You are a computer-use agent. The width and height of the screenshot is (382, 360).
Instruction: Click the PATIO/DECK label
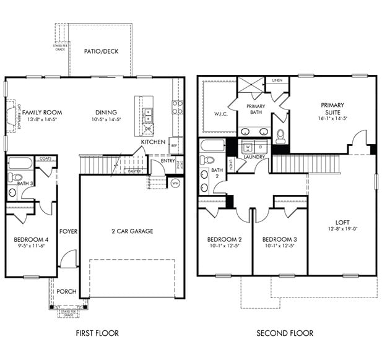pos(101,51)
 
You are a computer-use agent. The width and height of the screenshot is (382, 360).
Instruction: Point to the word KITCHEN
pos(153,142)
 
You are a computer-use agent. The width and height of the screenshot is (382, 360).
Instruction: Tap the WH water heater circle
pos(175,182)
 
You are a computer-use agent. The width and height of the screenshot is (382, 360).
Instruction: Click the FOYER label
pos(68,231)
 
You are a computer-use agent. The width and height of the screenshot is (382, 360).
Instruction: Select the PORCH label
pos(66,291)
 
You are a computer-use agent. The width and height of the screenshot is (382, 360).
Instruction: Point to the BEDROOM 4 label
pos(30,239)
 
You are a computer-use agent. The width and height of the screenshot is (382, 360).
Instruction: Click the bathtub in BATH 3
pos(20,164)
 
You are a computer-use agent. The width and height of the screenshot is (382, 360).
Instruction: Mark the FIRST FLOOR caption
pos(97,333)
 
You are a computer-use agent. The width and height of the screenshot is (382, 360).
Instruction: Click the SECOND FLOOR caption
pos(285,333)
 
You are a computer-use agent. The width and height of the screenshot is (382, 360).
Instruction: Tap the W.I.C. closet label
pos(212,114)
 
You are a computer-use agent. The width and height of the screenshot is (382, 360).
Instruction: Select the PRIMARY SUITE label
pos(332,109)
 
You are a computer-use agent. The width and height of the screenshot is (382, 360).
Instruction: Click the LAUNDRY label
pos(254,157)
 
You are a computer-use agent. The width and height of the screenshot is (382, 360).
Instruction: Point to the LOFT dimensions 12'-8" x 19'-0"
pos(342,229)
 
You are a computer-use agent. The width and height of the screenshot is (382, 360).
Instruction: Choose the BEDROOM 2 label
pos(224,239)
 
